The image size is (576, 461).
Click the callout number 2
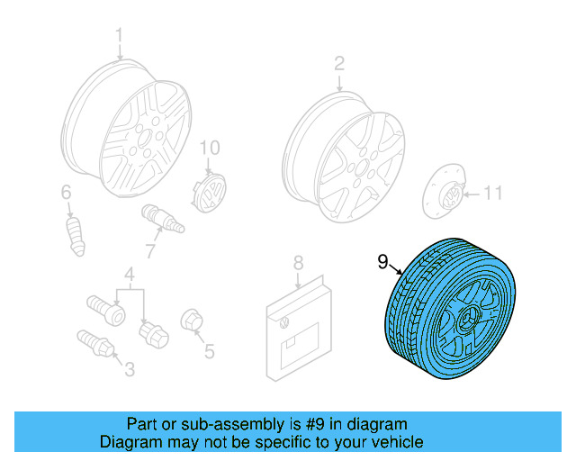pyautogui.click(x=339, y=63)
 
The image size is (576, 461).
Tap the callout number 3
pyautogui.click(x=129, y=367)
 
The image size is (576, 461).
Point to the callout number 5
pyautogui.click(x=209, y=351)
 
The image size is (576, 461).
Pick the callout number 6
pyautogui.click(x=66, y=192)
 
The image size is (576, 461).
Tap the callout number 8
pyautogui.click(x=297, y=263)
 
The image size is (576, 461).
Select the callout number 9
pyautogui.click(x=382, y=262)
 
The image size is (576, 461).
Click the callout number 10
pyautogui.click(x=209, y=148)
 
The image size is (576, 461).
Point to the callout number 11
pyautogui.click(x=494, y=193)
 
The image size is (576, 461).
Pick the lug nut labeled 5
pyautogui.click(x=191, y=321)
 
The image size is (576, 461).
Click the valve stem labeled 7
pyautogui.click(x=158, y=219)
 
